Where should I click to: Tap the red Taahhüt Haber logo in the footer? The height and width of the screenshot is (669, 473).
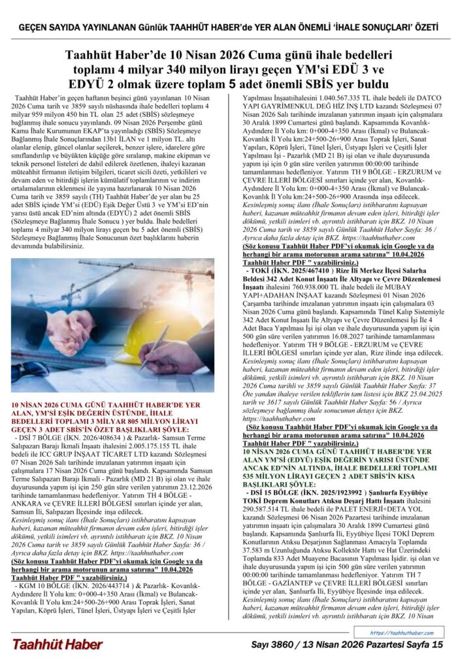point(57,644)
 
